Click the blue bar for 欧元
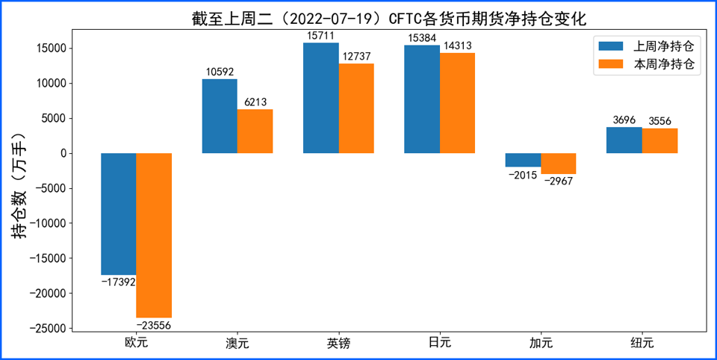[x=119, y=214]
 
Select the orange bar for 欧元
[x=154, y=235]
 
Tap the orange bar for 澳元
[x=255, y=131]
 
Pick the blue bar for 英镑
[x=321, y=98]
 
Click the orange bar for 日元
[x=458, y=103]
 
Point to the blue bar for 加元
[x=523, y=160]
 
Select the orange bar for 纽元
[x=659, y=141]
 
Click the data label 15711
[x=321, y=36]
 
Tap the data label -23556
[x=154, y=325]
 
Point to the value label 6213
[x=255, y=102]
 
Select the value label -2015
[x=523, y=175]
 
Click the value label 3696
[x=624, y=121]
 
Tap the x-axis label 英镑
[x=339, y=343]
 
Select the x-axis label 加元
[x=541, y=343]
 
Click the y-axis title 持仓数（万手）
[x=18, y=186]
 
